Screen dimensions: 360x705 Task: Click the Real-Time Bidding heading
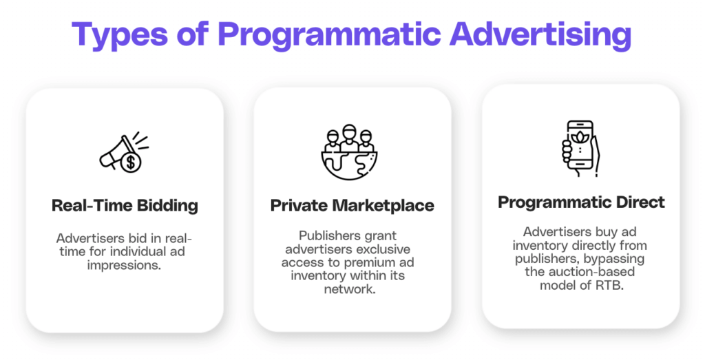[x=125, y=206]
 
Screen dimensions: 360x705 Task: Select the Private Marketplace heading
[x=352, y=206]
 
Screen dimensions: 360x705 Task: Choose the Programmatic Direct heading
[x=581, y=202]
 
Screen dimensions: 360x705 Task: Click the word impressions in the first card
[x=124, y=264]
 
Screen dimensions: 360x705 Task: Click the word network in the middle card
[x=351, y=288]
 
